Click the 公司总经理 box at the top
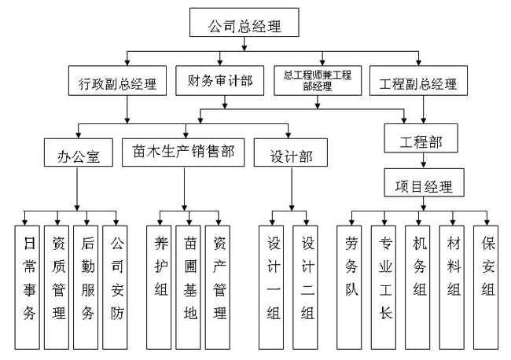(x=244, y=26)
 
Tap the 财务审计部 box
(x=220, y=81)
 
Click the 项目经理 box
(x=422, y=187)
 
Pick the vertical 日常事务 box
(x=29, y=287)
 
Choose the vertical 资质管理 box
(x=59, y=287)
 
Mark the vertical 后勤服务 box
(x=87, y=287)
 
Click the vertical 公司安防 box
(x=116, y=287)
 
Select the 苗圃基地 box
(x=189, y=287)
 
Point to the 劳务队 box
(x=351, y=287)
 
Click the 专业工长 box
(x=385, y=287)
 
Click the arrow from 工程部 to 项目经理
(x=422, y=163)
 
